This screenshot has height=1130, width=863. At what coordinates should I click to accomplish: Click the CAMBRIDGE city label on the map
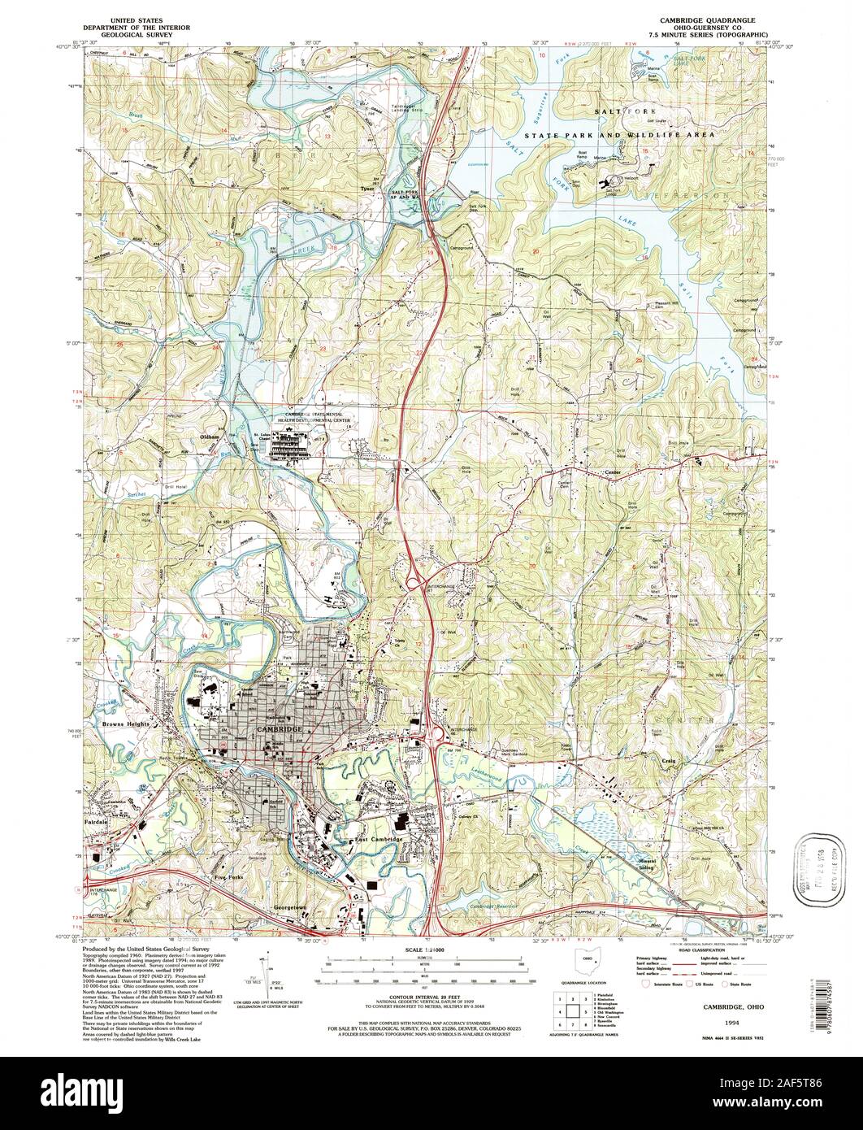click(279, 730)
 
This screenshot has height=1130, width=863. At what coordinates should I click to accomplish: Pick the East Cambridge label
click(378, 839)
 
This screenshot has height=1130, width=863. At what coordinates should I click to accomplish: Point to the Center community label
click(612, 472)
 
